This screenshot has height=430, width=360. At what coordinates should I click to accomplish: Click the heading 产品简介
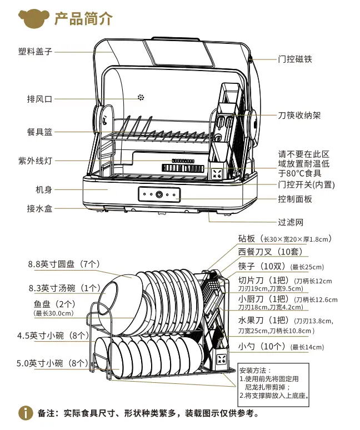(x=83, y=18)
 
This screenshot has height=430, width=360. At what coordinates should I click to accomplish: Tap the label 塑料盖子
(x=35, y=52)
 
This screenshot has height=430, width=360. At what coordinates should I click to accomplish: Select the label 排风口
(x=39, y=99)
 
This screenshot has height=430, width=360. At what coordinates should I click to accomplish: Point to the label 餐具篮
(x=39, y=132)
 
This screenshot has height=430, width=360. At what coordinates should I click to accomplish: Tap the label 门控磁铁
(x=295, y=58)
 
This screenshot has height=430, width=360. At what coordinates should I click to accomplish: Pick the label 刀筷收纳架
(x=299, y=116)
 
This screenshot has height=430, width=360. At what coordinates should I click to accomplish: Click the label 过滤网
(x=291, y=222)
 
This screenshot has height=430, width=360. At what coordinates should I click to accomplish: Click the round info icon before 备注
(x=26, y=413)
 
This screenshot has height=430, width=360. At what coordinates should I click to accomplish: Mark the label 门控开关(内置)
(x=307, y=184)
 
